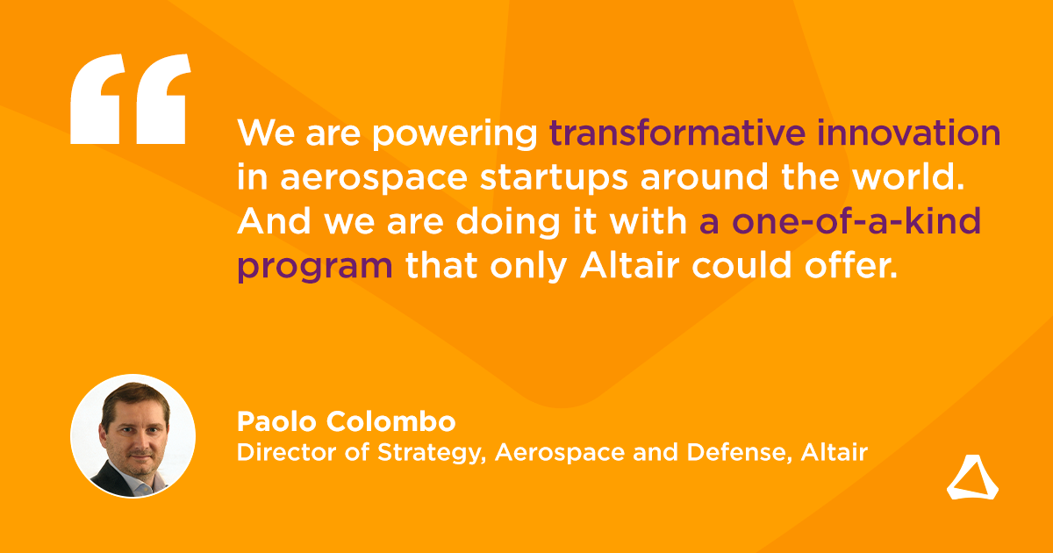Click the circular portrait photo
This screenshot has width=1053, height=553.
tap(133, 436)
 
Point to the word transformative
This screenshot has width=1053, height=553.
tap(677, 133)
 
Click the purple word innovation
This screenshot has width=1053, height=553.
tap(909, 133)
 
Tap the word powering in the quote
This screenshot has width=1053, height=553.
tap(455, 135)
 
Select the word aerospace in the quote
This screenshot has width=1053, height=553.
tap(374, 180)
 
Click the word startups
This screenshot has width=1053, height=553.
tap(554, 179)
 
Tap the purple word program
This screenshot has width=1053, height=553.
tap(315, 268)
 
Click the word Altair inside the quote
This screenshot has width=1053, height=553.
tap(630, 265)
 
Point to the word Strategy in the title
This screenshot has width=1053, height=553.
tap(430, 453)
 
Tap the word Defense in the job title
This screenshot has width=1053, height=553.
tap(735, 452)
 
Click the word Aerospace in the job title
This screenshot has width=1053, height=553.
tap(560, 453)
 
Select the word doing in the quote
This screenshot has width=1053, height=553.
tap(508, 223)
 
